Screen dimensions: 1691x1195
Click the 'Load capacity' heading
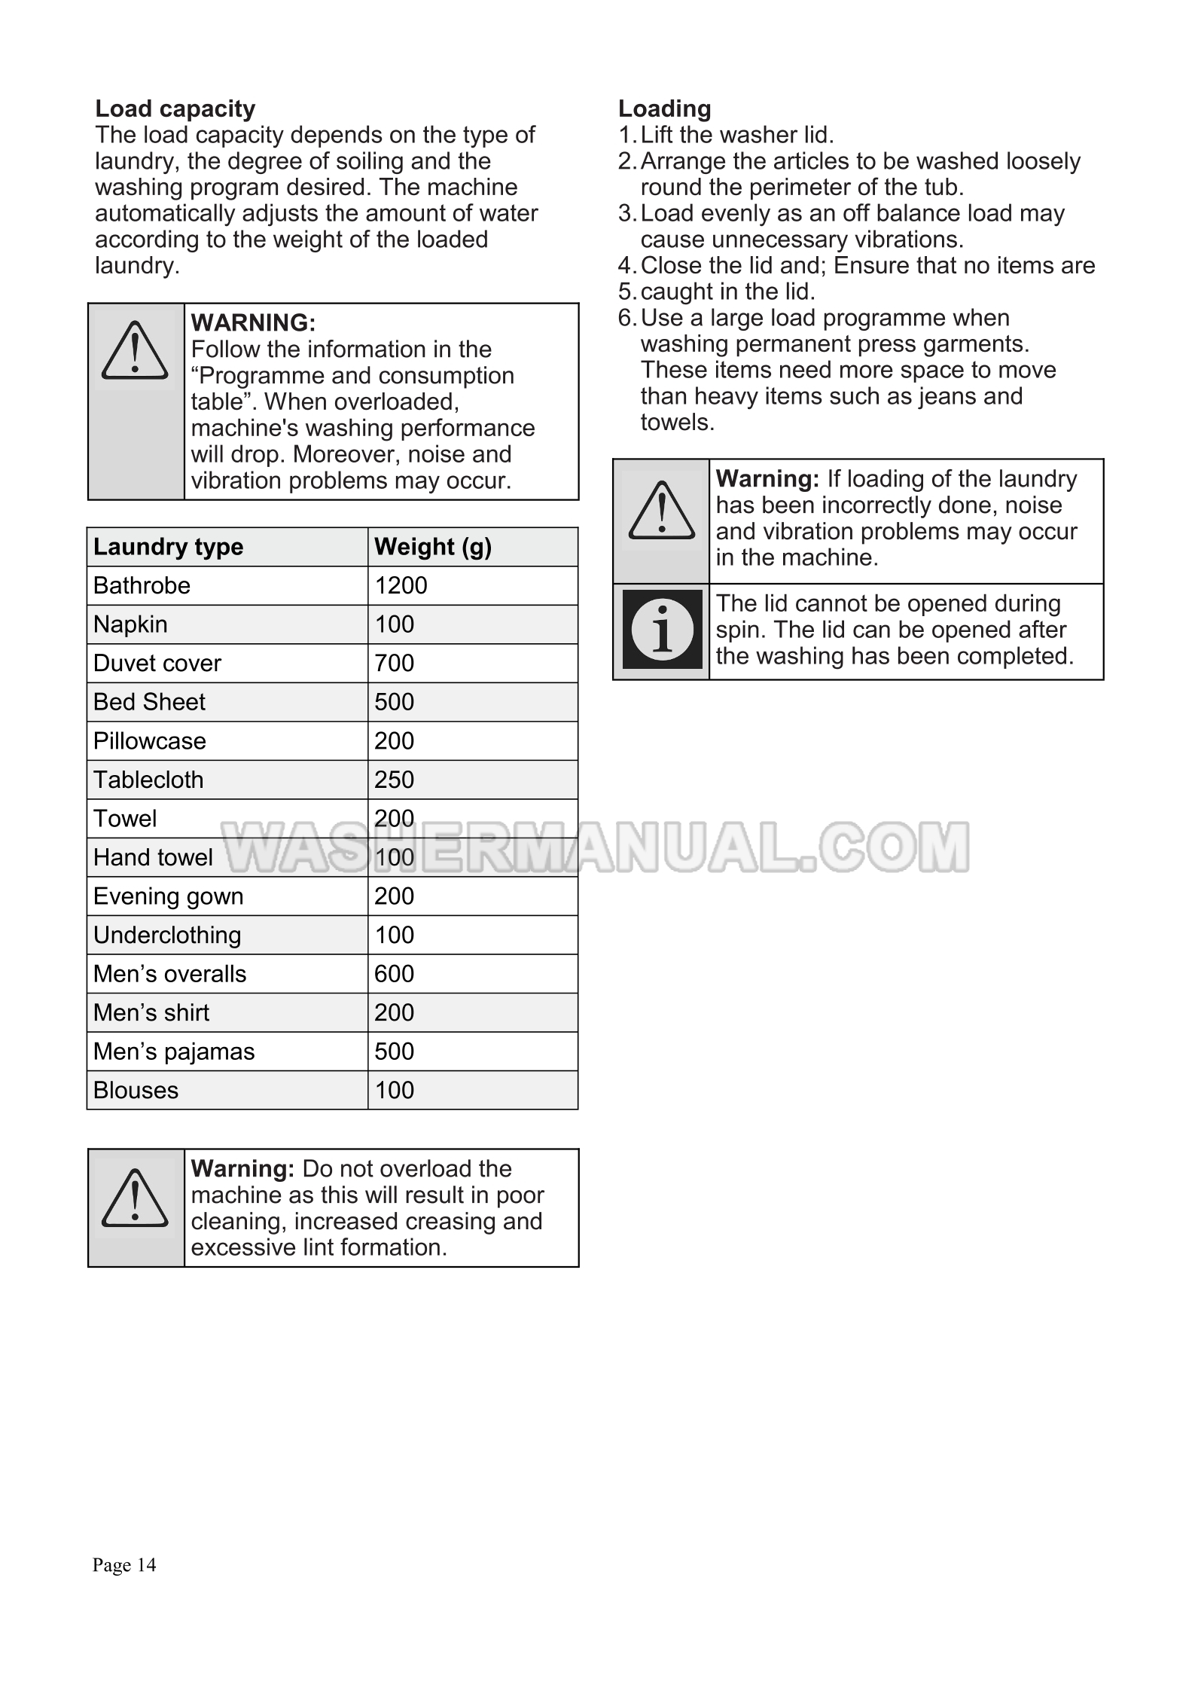tap(175, 108)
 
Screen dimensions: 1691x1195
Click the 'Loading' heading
tap(664, 108)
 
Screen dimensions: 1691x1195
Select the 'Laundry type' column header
tap(168, 547)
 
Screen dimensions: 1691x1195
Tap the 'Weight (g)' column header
tap(432, 547)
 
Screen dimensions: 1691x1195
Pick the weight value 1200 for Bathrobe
tap(401, 585)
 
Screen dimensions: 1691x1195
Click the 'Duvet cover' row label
tap(157, 663)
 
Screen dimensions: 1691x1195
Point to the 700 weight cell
tap(394, 663)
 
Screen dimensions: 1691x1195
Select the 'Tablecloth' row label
tap(148, 780)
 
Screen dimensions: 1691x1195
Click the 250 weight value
tap(394, 780)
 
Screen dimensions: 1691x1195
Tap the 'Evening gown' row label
tap(168, 896)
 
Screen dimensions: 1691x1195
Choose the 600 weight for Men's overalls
tap(394, 974)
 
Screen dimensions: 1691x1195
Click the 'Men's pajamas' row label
tap(174, 1052)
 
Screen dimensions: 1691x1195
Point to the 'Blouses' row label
tap(136, 1091)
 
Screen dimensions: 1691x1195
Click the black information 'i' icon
tap(662, 630)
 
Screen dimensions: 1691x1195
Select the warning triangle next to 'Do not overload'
tap(135, 1198)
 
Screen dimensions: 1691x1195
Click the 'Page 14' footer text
tap(124, 1564)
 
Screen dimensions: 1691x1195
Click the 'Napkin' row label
tap(130, 624)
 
